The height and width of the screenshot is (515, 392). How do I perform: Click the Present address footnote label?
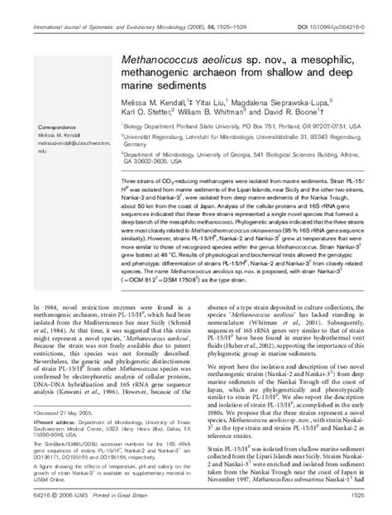(x=57, y=445)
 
